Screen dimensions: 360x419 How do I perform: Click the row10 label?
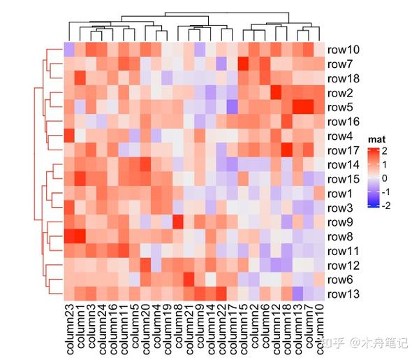pyautogui.click(x=343, y=50)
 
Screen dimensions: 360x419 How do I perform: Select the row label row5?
pyautogui.click(x=341, y=108)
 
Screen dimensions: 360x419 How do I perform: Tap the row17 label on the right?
pyautogui.click(x=343, y=150)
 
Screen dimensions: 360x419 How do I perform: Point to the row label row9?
pyautogui.click(x=341, y=222)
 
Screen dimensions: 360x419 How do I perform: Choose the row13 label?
pyautogui.click(x=343, y=294)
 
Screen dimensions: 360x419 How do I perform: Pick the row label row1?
pyautogui.click(x=341, y=194)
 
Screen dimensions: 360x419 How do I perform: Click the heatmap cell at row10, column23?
pyautogui.click(x=69, y=50)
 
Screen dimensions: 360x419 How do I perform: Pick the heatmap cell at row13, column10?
pyautogui.click(x=318, y=294)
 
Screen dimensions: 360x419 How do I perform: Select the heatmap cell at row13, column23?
pyautogui.click(x=69, y=294)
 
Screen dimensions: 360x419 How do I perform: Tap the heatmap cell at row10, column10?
pyautogui.click(x=318, y=50)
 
